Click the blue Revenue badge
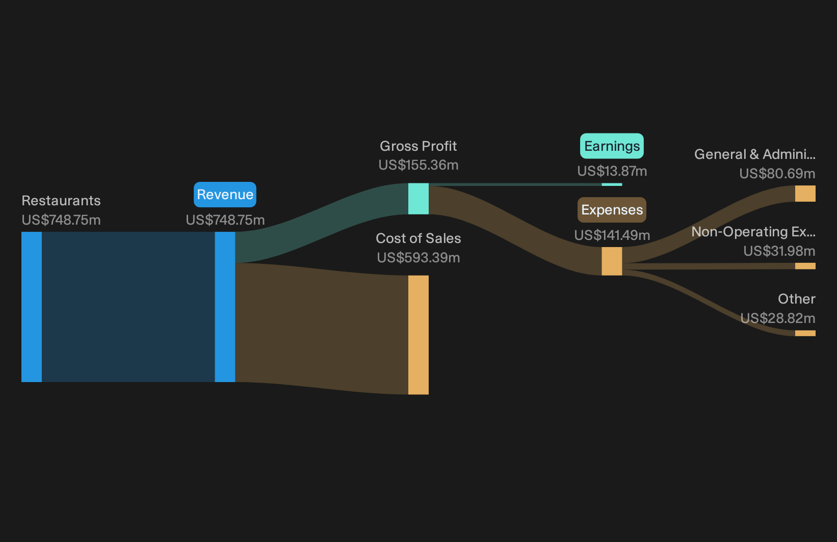tap(225, 195)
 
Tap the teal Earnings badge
tap(612, 146)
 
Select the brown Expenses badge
tap(612, 210)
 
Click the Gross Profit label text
tap(418, 146)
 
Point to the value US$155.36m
tap(418, 165)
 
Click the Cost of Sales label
tap(418, 238)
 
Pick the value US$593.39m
tap(418, 258)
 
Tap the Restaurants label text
tap(61, 201)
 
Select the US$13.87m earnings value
tap(612, 171)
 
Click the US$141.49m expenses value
tap(612, 235)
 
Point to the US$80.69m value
tap(777, 174)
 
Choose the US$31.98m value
tap(779, 251)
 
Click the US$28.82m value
tap(777, 318)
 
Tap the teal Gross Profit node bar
tap(418, 199)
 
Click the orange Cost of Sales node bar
tap(418, 335)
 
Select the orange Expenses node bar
tap(612, 261)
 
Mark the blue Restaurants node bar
tap(32, 307)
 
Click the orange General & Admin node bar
tap(805, 194)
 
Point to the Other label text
tap(797, 299)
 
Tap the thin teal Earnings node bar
tap(612, 184)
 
